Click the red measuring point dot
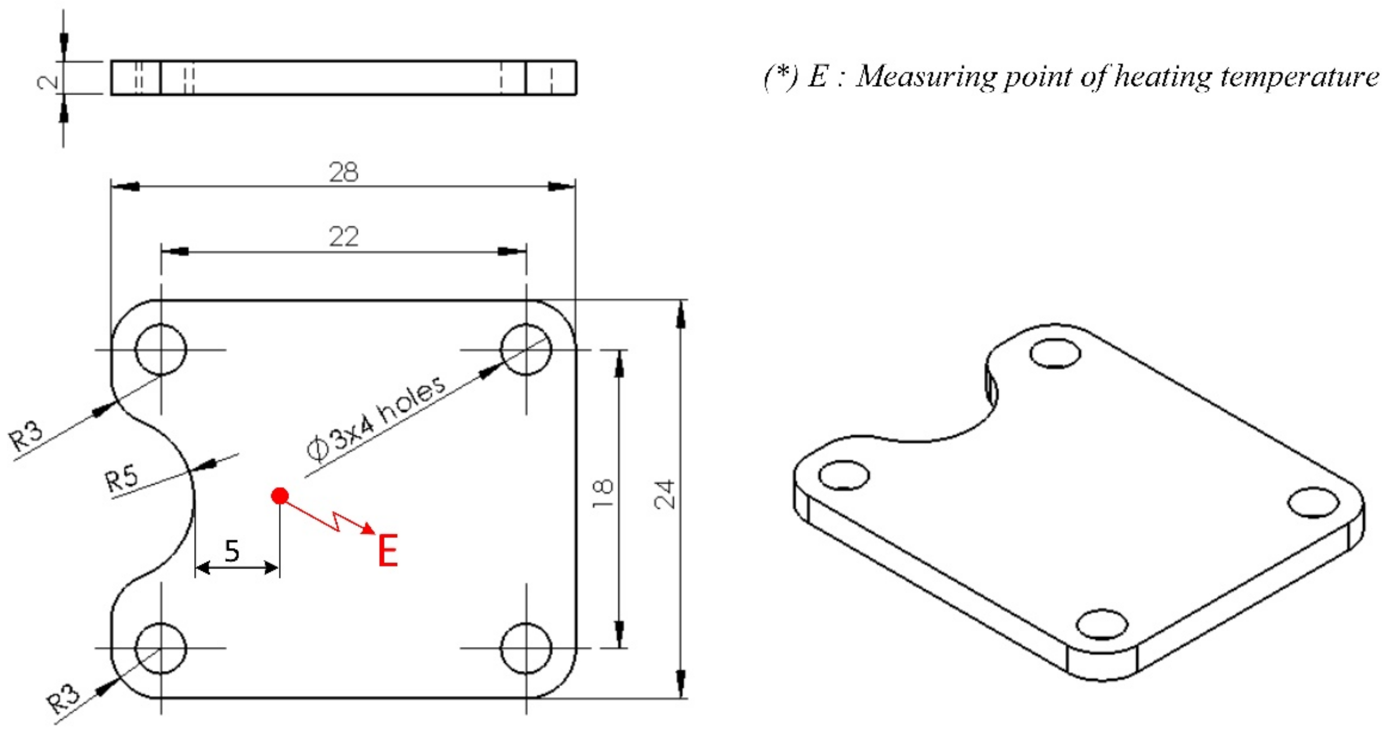[280, 495]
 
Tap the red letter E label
[388, 550]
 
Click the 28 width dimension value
[343, 173]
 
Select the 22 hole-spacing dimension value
[343, 236]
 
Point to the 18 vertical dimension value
[602, 493]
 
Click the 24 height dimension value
[664, 494]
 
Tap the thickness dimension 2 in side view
[49, 81]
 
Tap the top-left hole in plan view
[161, 349]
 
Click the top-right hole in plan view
[526, 349]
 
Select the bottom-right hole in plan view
[526, 648]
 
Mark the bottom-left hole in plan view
[161, 648]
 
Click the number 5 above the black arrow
[232, 551]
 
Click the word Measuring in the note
[926, 77]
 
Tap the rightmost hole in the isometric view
[1313, 502]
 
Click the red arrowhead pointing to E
[369, 528]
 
